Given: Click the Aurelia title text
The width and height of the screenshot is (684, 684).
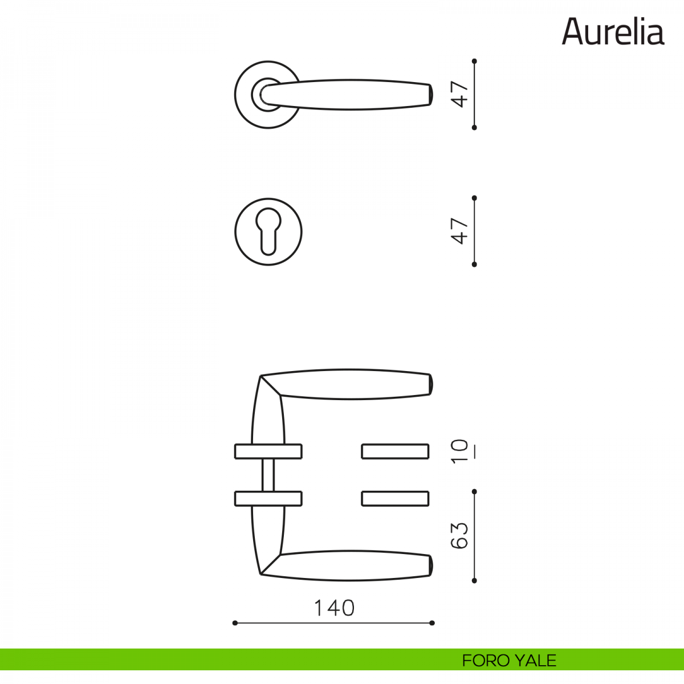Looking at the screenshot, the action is click(613, 32).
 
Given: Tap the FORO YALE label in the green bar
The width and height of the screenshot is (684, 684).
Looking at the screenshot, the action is click(509, 660).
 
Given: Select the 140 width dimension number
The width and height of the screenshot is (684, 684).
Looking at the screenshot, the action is click(334, 608).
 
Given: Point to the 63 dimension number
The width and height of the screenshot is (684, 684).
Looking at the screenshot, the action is click(459, 536).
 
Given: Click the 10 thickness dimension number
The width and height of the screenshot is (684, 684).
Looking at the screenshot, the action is click(459, 451).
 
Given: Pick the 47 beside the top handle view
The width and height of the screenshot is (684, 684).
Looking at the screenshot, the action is click(459, 94).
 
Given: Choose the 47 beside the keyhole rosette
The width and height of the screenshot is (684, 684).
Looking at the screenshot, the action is click(459, 231).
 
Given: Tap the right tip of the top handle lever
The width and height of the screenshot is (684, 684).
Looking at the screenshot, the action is click(431, 95).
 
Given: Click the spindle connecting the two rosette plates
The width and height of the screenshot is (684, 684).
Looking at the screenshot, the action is click(268, 475).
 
